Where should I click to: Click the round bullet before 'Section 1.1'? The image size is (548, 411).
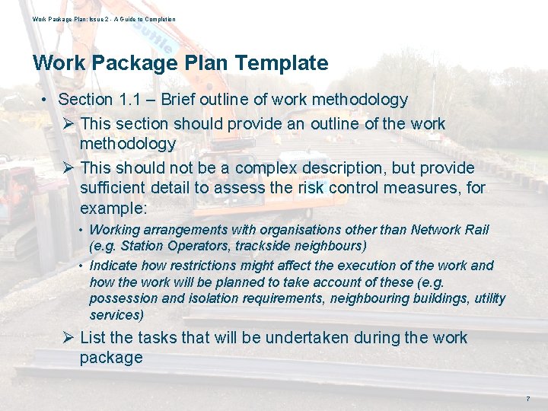[x=46, y=100]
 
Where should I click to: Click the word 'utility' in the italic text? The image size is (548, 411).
[x=489, y=298]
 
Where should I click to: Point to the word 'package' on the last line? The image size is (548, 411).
[x=111, y=358]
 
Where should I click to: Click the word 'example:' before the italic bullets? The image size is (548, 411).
[x=111, y=208]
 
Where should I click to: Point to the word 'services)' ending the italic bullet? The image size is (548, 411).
[x=116, y=314]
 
